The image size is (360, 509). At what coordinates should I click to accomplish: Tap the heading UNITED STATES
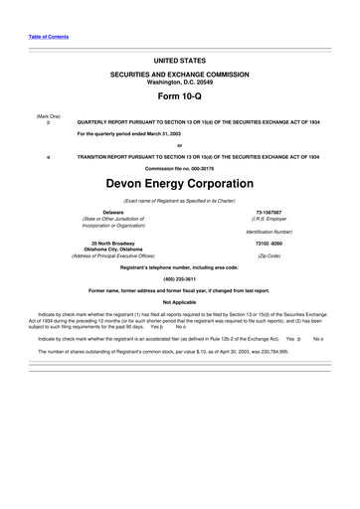(x=179, y=61)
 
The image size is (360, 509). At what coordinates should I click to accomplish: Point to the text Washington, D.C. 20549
(x=179, y=82)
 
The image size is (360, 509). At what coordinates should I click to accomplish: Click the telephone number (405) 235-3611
(x=179, y=277)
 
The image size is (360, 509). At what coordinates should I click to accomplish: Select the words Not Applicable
(x=179, y=301)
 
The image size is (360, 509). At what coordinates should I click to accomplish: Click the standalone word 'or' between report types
(x=179, y=145)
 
